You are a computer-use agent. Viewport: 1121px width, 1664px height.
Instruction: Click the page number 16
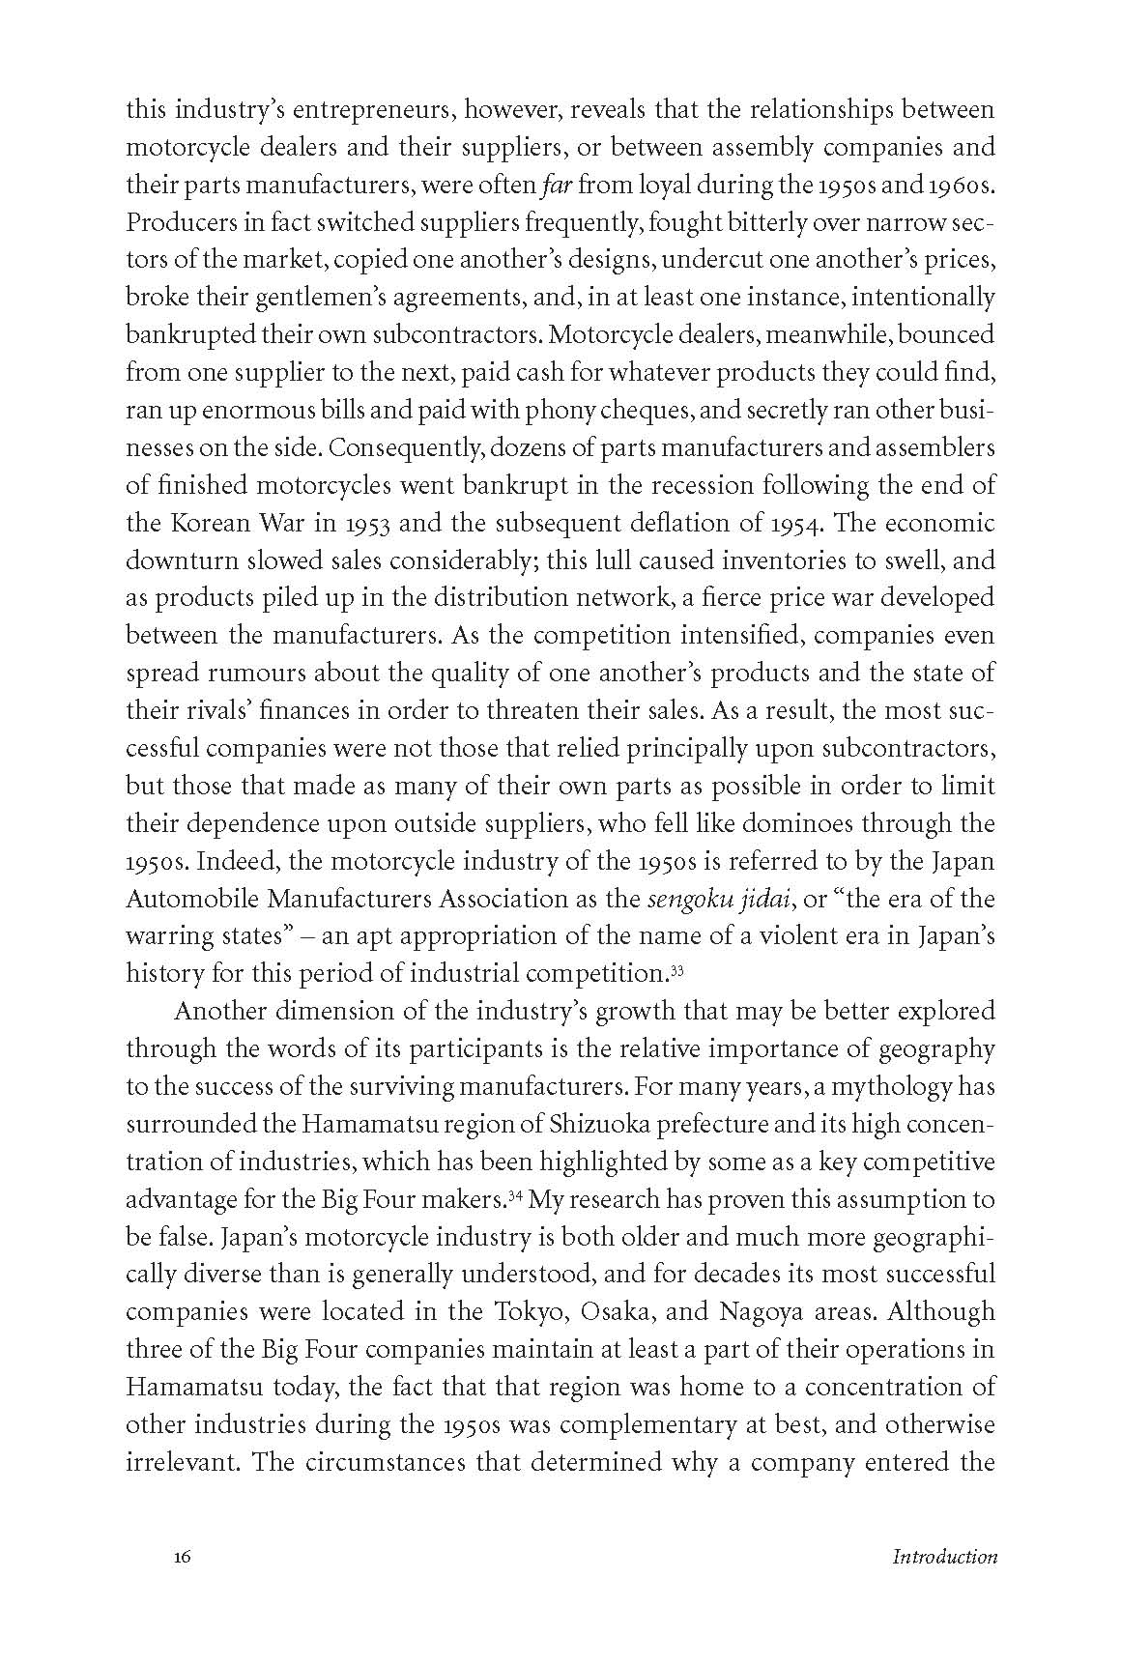click(x=183, y=1557)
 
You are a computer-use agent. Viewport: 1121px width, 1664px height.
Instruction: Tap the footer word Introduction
click(x=944, y=1557)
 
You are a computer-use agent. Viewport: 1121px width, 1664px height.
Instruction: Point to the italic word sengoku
click(x=686, y=899)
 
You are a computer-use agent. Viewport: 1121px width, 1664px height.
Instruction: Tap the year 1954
click(x=793, y=523)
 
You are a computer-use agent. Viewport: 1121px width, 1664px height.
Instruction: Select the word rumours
click(x=247, y=674)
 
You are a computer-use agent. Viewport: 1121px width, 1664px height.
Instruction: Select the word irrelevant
click(x=183, y=1461)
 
